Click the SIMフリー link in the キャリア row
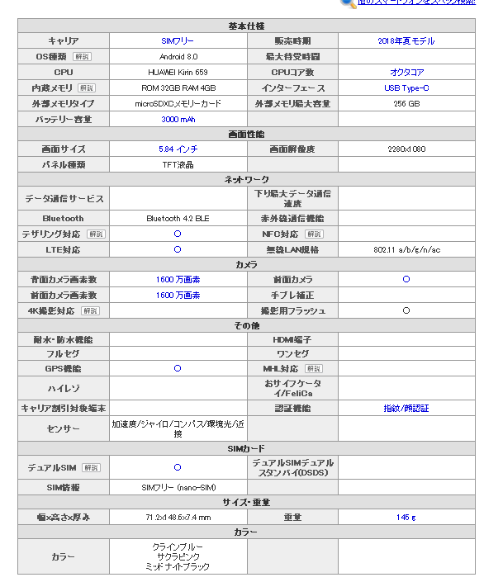pyautogui.click(x=178, y=41)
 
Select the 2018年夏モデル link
pyautogui.click(x=406, y=41)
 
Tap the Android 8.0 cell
pyautogui.click(x=178, y=57)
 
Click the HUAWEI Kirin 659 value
pyautogui.click(x=178, y=73)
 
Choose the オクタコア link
pyautogui.click(x=406, y=73)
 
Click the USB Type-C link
pyautogui.click(x=406, y=88)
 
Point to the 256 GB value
pyautogui.click(x=406, y=104)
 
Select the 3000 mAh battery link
pyautogui.click(x=178, y=120)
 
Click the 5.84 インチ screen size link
pyautogui.click(x=178, y=149)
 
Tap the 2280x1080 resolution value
pyautogui.click(x=406, y=149)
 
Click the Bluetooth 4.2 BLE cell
pyautogui.click(x=178, y=219)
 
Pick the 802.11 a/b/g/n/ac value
pyautogui.click(x=406, y=249)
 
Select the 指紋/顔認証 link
pyautogui.click(x=406, y=408)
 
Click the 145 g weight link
pyautogui.click(x=406, y=518)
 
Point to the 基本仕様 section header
pyautogui.click(x=246, y=26)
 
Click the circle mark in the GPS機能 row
pyautogui.click(x=178, y=369)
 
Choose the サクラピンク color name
pyautogui.click(x=178, y=557)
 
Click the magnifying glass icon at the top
pyautogui.click(x=348, y=3)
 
